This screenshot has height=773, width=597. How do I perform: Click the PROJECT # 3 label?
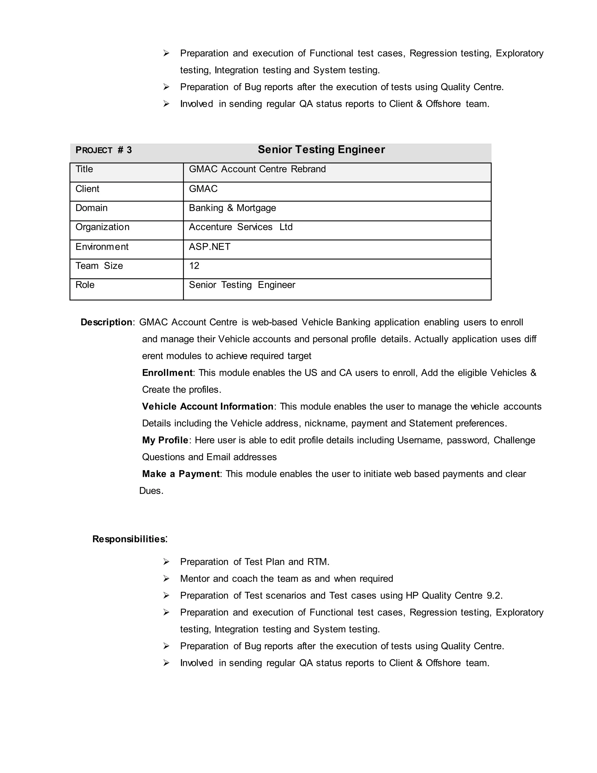[x=103, y=150]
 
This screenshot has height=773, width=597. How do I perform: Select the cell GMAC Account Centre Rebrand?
[x=257, y=169]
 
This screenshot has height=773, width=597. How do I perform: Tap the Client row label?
[x=87, y=189]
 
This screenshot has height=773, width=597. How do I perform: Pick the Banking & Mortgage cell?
[x=232, y=208]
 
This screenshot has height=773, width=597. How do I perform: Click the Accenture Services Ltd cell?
[x=240, y=227]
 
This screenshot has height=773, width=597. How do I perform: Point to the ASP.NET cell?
[x=209, y=247]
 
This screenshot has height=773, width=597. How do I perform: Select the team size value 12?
[x=194, y=266]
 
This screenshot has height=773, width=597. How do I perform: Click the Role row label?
[x=85, y=285]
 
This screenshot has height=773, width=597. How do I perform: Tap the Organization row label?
[x=102, y=227]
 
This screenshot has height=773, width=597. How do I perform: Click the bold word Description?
[x=106, y=322]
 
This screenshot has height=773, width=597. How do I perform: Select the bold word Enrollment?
[x=167, y=373]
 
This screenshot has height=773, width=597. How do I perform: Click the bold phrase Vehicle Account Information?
[x=208, y=407]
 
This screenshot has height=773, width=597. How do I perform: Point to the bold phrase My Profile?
[x=165, y=440]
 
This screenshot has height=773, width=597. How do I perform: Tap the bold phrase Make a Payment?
[x=181, y=474]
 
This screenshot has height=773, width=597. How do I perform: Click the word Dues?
[x=151, y=491]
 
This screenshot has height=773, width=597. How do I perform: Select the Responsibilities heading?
[x=129, y=539]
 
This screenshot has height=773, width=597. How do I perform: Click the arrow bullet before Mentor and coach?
[x=166, y=579]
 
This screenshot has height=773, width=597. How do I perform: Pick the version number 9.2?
[x=494, y=596]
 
